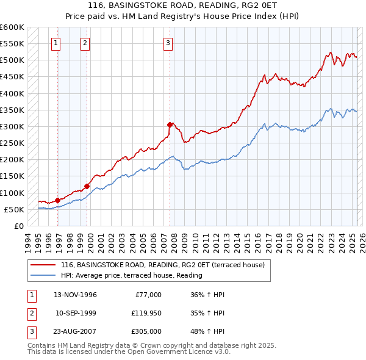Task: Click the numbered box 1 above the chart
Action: coord(56,43)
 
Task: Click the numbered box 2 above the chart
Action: coord(84,43)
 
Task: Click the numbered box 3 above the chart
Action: coord(167,43)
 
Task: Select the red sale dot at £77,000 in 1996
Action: coord(58,200)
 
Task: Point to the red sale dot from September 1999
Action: coord(87,186)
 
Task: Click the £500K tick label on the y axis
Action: coord(12,60)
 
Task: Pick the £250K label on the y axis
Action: coord(12,143)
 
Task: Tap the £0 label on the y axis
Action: coord(18,226)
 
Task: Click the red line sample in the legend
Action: coord(43,265)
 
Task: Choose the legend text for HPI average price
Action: coord(131,275)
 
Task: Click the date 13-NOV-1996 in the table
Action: coord(75,295)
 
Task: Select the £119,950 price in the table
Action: coord(147,314)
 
